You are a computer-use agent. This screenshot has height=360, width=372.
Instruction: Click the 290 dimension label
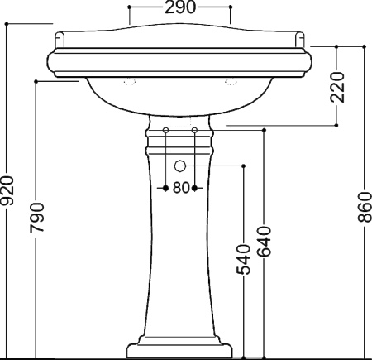180,7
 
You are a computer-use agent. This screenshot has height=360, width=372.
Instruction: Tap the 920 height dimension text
7,190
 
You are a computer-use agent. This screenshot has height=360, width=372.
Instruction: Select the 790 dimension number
37,218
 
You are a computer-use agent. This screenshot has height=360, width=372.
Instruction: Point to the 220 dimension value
337,87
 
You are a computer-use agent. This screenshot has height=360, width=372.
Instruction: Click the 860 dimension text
365,207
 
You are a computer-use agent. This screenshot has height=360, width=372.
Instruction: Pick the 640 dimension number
265,242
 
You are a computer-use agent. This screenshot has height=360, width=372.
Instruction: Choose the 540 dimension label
244,260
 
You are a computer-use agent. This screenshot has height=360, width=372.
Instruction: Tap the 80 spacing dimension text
181,188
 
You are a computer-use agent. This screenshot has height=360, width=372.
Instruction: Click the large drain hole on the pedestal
180,166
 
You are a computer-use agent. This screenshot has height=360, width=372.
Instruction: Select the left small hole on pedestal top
165,130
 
